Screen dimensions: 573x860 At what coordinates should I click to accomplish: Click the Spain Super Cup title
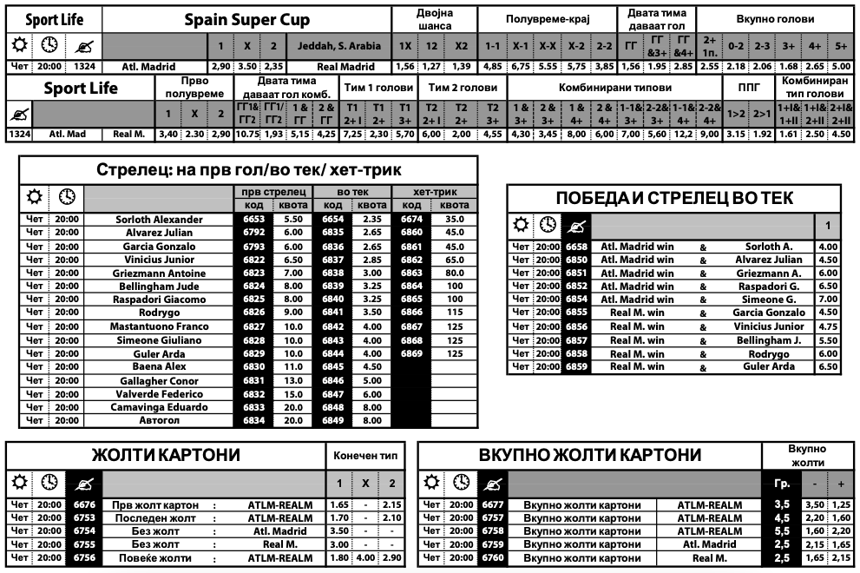(246, 20)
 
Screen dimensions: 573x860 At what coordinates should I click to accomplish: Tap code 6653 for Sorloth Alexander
(253, 220)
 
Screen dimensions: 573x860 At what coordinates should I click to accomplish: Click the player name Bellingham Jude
(161, 286)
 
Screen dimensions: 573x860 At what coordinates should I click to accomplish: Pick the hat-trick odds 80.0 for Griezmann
(455, 273)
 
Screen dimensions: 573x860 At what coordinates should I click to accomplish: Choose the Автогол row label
(161, 421)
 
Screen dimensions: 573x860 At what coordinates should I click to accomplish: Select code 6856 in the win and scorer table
(576, 326)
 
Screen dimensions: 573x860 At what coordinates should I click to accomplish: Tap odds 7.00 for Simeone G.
(828, 300)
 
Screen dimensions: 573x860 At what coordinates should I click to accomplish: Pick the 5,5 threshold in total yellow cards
(781, 530)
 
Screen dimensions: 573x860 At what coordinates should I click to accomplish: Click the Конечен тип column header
(365, 455)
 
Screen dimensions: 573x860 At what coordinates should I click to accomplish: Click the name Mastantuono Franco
(161, 326)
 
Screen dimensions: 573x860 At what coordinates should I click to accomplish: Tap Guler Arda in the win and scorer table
(769, 367)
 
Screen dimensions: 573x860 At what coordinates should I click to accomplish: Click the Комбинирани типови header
(615, 88)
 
